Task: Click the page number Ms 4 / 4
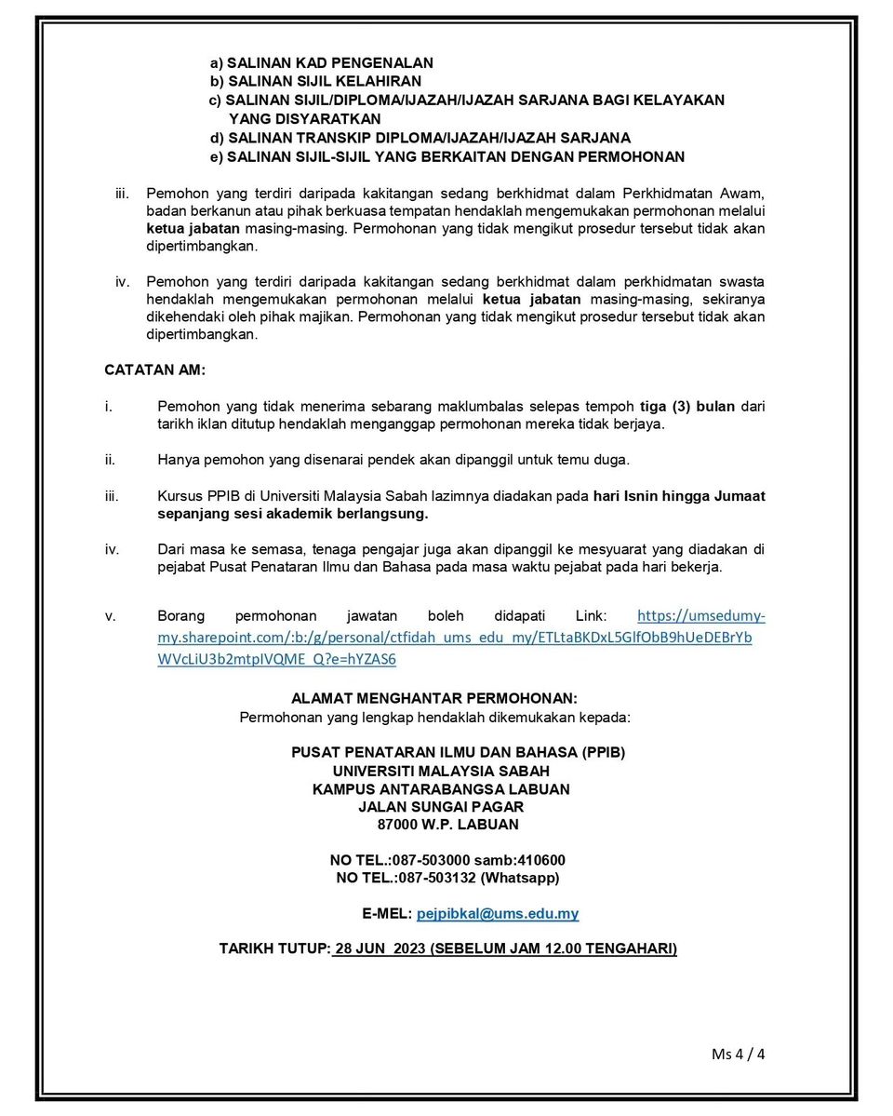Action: pos(738,1055)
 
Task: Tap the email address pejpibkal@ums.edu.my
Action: pos(498,914)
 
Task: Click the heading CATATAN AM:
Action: pos(154,370)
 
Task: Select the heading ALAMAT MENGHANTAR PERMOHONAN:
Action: pos(434,698)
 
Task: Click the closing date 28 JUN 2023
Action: pos(374,949)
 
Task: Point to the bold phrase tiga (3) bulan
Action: pos(687,407)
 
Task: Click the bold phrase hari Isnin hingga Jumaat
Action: pos(679,496)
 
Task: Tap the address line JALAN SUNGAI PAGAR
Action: pos(441,807)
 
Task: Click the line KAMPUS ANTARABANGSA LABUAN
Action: pos(441,789)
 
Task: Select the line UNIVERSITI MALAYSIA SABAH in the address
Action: pos(441,771)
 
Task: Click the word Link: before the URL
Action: pos(592,616)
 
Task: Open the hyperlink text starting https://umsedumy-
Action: pos(700,616)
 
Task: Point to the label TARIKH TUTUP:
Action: pos(274,949)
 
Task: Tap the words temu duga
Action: pos(601,460)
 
